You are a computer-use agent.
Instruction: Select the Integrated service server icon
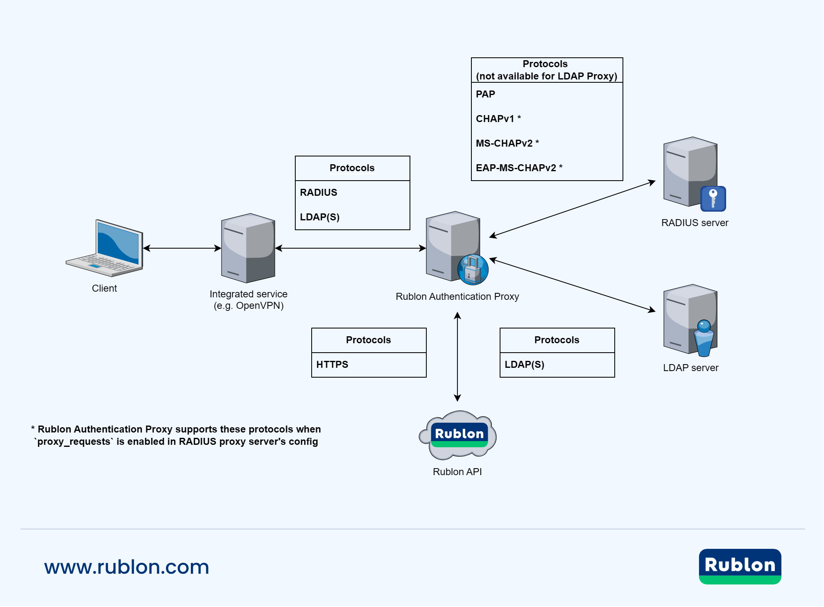(x=248, y=248)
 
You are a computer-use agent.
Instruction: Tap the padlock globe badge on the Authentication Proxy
(x=473, y=270)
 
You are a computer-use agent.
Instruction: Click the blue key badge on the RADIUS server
(x=713, y=199)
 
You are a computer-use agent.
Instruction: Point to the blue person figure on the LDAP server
(x=704, y=338)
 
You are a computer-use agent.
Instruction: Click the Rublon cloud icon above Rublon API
(x=458, y=435)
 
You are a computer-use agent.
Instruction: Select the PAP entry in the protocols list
(x=485, y=95)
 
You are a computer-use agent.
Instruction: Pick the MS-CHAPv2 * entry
(x=507, y=143)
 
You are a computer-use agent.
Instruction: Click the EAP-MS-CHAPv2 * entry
(x=519, y=168)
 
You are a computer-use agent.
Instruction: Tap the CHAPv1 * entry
(x=498, y=119)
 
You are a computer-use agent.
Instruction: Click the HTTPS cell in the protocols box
(x=332, y=365)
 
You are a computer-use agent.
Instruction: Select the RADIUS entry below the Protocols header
(x=319, y=193)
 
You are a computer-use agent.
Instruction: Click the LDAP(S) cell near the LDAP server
(x=524, y=365)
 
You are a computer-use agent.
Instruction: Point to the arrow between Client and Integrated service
(x=182, y=248)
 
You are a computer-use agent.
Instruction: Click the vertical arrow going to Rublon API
(x=457, y=356)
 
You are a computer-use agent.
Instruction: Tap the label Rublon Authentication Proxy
(x=457, y=297)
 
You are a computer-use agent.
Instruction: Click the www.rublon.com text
(x=127, y=567)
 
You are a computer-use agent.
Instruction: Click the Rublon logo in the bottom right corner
(x=740, y=566)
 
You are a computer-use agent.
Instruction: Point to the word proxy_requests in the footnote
(x=74, y=442)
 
